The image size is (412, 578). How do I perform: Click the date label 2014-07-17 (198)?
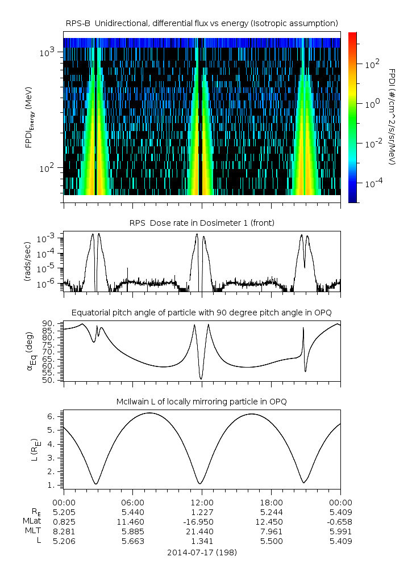pyautogui.click(x=202, y=552)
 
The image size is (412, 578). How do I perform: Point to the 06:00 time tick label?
pyautogui.click(x=133, y=503)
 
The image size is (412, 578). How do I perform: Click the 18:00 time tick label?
pyautogui.click(x=271, y=503)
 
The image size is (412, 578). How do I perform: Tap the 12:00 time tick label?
pyautogui.click(x=202, y=503)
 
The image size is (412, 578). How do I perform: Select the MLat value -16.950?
pyautogui.click(x=202, y=522)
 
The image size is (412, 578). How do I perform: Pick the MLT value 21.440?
pyautogui.click(x=202, y=531)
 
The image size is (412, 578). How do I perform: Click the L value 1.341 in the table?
pyautogui.click(x=202, y=541)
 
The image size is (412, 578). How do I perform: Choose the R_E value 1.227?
pyautogui.click(x=202, y=512)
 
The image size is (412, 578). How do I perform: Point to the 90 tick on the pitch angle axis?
pyautogui.click(x=50, y=323)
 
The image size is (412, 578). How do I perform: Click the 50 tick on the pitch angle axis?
pyautogui.click(x=50, y=380)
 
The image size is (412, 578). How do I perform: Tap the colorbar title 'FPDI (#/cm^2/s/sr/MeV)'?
pyautogui.click(x=393, y=117)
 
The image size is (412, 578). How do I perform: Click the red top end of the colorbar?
pyautogui.click(x=352, y=35)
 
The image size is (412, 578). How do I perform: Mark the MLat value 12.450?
pyautogui.click(x=271, y=522)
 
